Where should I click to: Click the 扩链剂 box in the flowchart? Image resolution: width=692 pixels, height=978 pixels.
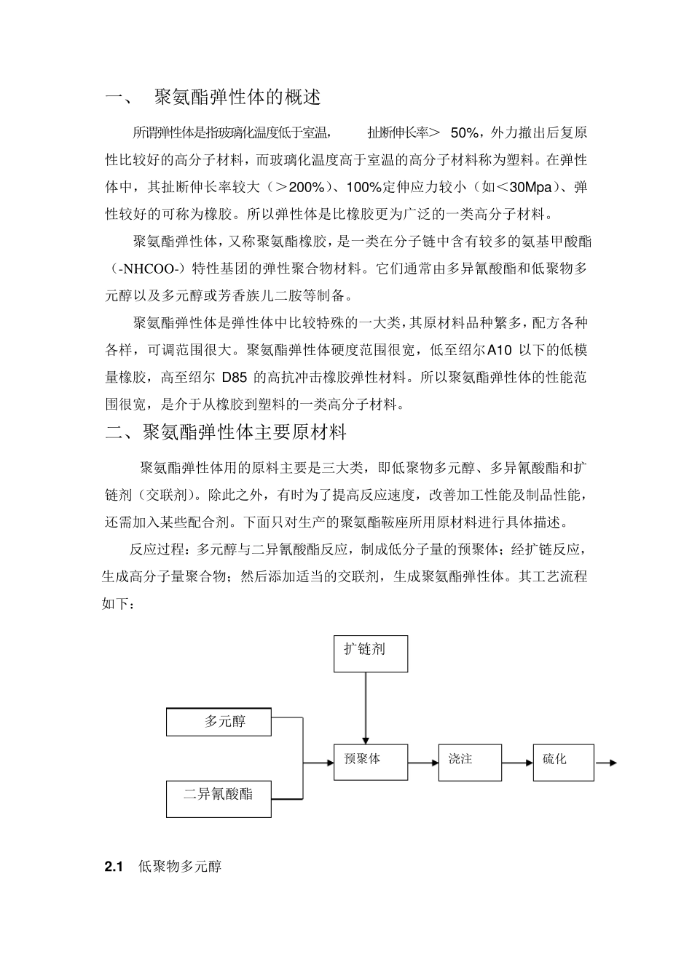[x=370, y=653]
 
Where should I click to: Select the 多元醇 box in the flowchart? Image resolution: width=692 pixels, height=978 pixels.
[x=219, y=722]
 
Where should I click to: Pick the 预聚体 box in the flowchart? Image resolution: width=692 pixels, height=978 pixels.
[x=370, y=762]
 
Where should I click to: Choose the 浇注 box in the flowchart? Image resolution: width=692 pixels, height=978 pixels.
[x=469, y=762]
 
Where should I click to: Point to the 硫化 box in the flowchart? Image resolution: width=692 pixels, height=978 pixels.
[x=563, y=762]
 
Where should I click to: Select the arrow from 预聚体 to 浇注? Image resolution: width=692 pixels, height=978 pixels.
[x=423, y=763]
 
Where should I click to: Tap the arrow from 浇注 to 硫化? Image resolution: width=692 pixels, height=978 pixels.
[x=516, y=763]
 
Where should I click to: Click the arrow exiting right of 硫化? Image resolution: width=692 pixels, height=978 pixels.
[x=605, y=763]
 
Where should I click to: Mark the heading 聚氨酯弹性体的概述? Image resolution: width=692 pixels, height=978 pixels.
[x=238, y=97]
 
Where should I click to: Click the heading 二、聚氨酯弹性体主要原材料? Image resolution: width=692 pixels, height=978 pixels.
[x=226, y=432]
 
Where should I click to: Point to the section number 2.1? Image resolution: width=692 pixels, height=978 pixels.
[x=115, y=867]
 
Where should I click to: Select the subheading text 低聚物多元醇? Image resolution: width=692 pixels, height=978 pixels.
[x=180, y=867]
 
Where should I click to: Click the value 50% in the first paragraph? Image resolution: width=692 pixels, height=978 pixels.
[x=465, y=132]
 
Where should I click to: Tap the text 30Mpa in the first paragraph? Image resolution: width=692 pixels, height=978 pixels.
[x=531, y=187]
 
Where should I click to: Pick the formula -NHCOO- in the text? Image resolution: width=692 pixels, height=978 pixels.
[x=148, y=269]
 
